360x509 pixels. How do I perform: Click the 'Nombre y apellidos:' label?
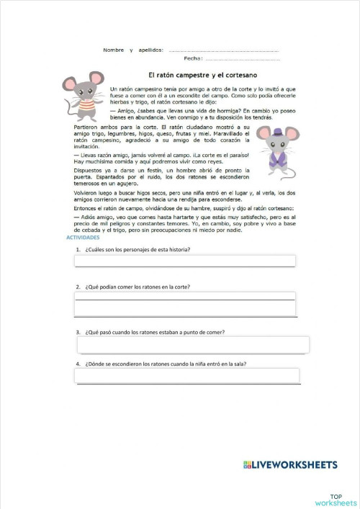[133, 50]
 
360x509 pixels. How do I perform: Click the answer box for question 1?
[184, 261]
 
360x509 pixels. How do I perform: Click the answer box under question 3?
[193, 345]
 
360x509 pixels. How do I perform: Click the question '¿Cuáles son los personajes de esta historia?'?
[137, 248]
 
